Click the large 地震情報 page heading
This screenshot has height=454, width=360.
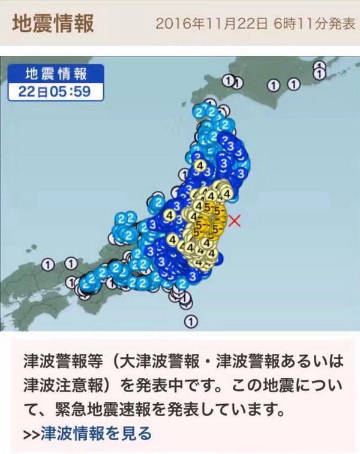[53, 24]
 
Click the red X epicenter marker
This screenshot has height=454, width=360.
[235, 220]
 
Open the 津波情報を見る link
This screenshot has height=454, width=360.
[96, 432]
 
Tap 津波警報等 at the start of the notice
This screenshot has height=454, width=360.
[58, 363]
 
